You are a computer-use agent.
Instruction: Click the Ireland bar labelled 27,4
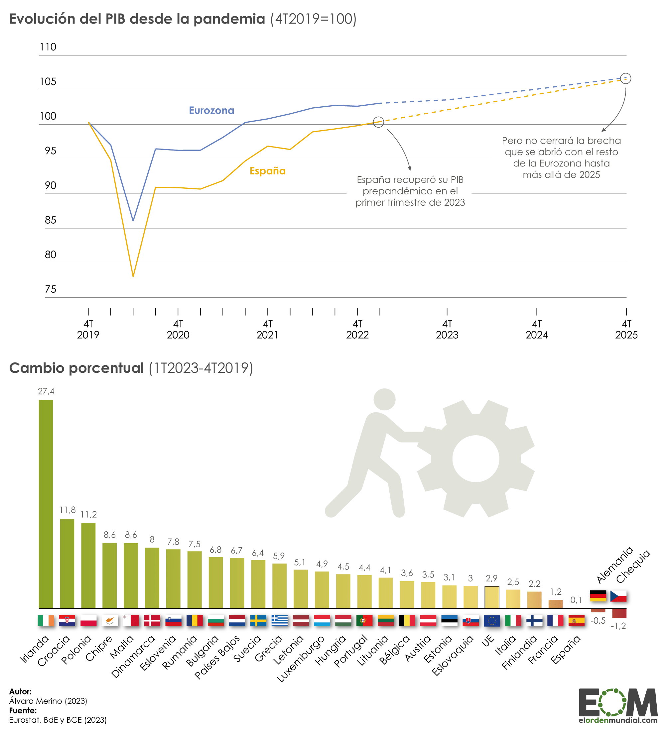(x=46, y=503)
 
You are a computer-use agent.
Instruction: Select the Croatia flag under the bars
(x=67, y=621)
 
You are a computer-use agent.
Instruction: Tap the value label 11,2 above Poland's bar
(x=89, y=515)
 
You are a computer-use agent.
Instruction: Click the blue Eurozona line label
(x=212, y=110)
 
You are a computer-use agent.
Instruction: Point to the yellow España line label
(x=268, y=171)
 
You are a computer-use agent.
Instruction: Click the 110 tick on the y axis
(x=48, y=47)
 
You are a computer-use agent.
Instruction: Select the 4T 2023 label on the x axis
(x=447, y=329)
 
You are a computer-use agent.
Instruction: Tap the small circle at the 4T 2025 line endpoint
(x=625, y=78)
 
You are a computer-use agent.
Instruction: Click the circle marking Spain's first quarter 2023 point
(x=378, y=122)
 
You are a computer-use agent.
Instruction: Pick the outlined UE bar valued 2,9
(x=492, y=597)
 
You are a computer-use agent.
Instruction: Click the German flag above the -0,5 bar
(x=598, y=596)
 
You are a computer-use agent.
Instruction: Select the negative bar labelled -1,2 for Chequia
(x=619, y=613)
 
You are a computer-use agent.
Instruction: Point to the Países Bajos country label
(x=217, y=657)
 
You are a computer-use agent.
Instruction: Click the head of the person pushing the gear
(x=384, y=399)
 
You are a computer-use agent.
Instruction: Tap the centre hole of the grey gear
(x=475, y=459)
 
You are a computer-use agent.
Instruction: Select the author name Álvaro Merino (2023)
(x=48, y=701)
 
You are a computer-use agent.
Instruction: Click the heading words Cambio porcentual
(x=76, y=368)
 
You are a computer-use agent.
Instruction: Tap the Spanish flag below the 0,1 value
(x=577, y=621)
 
